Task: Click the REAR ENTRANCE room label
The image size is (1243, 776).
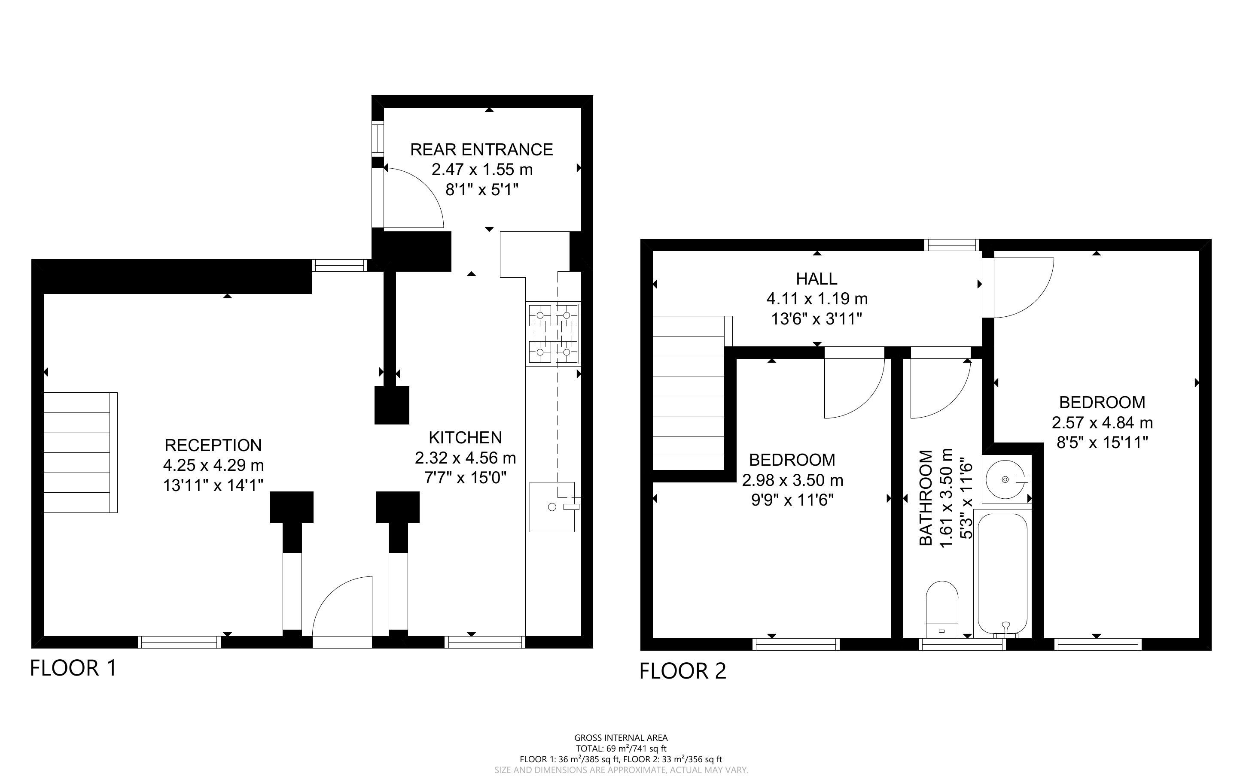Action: pos(481,149)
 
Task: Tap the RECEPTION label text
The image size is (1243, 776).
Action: pos(213,445)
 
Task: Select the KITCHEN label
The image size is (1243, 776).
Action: pos(465,437)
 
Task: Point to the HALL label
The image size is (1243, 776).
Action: pos(816,279)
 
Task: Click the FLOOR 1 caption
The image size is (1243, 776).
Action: pos(73,668)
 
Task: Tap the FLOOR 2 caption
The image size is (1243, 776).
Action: pos(683,671)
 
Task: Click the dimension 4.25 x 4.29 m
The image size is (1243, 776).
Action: pos(213,465)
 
